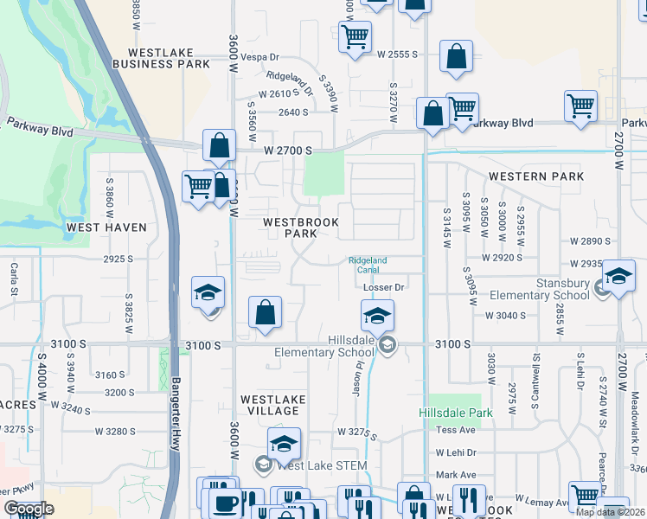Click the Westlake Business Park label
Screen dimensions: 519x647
pos(161,58)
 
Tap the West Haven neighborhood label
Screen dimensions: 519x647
pos(106,227)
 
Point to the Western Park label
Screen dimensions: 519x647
pos(536,176)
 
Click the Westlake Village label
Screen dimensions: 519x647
pos(272,405)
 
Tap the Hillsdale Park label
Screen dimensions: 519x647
pos(456,413)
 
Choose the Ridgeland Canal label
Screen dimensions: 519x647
pos(368,265)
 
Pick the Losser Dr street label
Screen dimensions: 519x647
pos(384,286)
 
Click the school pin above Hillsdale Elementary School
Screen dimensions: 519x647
pos(377,317)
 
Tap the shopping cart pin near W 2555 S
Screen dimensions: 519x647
pos(355,37)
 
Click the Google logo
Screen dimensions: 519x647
pos(29,508)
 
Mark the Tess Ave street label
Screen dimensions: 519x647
pos(456,430)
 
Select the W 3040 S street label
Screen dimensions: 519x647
pos(505,316)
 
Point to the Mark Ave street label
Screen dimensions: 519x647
pos(456,475)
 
